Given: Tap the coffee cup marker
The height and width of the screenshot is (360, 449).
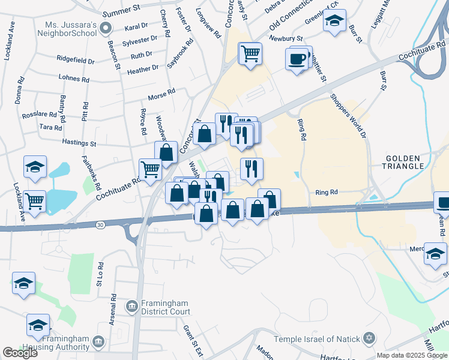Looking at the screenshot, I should (x=297, y=59).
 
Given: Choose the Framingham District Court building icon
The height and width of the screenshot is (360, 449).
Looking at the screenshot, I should (x=131, y=307).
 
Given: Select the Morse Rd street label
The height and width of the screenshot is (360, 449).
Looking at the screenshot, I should (x=162, y=92).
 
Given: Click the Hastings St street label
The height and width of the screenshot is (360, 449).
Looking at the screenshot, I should (x=79, y=143).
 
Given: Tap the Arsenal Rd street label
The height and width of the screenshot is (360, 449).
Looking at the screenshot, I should (x=113, y=305).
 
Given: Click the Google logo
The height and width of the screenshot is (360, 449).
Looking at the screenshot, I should (x=20, y=353).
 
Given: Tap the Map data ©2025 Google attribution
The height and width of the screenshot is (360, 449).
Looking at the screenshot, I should (x=412, y=355).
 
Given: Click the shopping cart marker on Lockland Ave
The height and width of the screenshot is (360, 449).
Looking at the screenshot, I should (x=35, y=201).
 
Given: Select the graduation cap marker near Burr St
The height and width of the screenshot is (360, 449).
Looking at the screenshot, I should (x=334, y=21).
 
